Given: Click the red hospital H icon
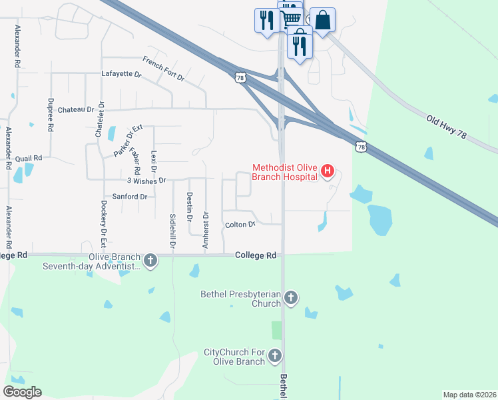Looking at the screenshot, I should [327, 171].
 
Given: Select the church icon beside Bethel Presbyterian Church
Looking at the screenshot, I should [290, 297].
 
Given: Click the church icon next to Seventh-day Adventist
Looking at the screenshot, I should [150, 260].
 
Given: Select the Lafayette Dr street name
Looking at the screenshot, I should [121, 73].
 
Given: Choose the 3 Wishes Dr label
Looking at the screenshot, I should [146, 180].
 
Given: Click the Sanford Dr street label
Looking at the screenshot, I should [129, 197].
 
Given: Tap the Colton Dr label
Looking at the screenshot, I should [240, 225].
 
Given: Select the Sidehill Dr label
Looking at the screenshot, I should [172, 231].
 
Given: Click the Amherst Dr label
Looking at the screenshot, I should [206, 231].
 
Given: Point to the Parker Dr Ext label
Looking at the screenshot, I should [128, 141].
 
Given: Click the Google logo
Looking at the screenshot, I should [22, 392].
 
